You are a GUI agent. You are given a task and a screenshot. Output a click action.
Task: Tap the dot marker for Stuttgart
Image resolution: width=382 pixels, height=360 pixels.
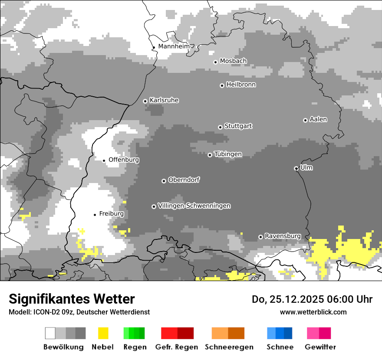pos(220,127)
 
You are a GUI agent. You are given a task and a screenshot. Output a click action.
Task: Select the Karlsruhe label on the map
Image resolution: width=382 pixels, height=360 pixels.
pos(164,100)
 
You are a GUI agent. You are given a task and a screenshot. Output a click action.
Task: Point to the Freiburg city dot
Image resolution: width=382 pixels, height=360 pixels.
pos(95,215)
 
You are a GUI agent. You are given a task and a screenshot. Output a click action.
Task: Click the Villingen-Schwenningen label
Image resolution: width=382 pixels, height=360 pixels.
pos(194,206)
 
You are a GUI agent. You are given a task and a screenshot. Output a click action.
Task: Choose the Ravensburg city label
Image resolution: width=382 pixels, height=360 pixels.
pos(283,236)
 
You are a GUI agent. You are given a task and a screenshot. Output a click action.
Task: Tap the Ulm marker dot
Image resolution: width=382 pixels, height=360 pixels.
pos(296,168)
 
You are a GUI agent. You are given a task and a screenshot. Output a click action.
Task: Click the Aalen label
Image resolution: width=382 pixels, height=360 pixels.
pos(318,119)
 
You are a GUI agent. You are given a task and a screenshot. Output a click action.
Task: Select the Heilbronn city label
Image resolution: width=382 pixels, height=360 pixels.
pos(241,85)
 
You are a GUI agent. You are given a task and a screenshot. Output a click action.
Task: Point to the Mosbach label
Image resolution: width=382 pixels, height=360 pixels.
pos(233,61)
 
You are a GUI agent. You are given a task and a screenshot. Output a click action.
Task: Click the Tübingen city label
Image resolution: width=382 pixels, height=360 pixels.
pos(228,154)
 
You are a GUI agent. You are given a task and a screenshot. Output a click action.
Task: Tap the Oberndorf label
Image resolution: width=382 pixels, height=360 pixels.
pos(184,180)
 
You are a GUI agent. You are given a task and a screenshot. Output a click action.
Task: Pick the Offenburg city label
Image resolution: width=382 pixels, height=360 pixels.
pos(124,160)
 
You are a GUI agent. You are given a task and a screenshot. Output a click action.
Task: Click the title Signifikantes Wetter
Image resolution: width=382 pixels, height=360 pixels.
pos(72,299)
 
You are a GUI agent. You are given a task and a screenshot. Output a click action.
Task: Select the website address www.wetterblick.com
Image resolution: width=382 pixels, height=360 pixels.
pos(313,312)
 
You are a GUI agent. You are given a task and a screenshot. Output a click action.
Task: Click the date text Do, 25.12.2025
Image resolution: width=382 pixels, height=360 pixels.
pos(286,299)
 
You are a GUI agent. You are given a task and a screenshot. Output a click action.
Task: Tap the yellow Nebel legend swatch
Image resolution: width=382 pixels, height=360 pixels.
pos(103,333)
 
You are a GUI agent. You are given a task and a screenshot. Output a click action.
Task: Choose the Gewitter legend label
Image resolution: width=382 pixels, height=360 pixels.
pos(320,347)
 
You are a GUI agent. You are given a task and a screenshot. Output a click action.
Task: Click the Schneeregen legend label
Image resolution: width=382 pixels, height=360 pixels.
pos(229,347)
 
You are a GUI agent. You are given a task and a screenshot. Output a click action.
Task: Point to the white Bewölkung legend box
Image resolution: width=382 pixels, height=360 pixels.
pos(50,333)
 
